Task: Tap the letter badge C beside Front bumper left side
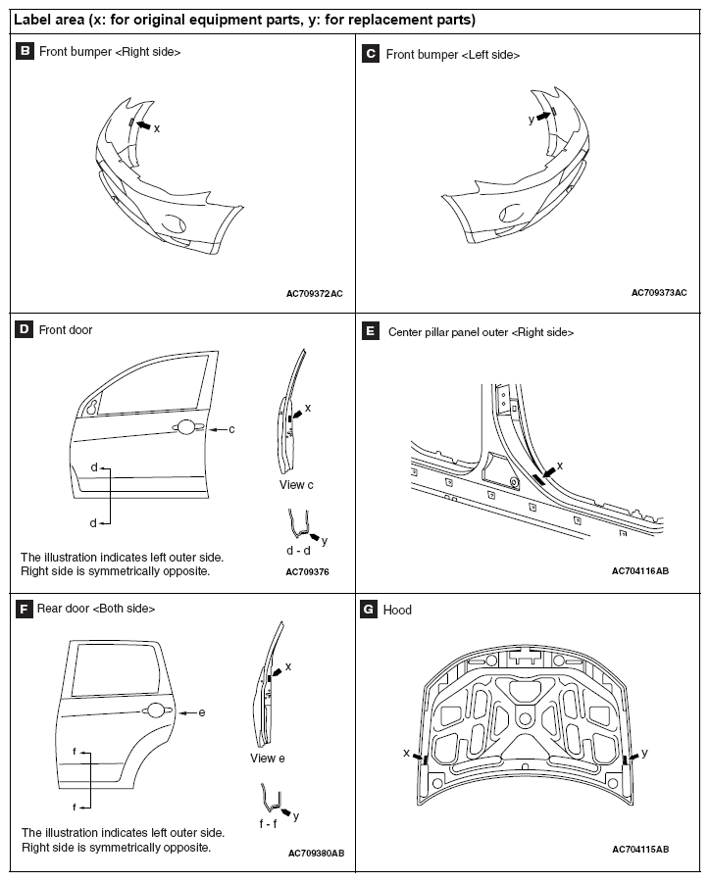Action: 371,55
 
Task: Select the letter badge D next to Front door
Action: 25,330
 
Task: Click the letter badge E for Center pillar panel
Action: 371,332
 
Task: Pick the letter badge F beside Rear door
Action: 25,609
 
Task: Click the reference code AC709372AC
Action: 315,293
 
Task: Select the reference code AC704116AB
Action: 640,570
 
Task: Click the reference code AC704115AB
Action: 640,849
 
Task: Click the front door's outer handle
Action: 184,427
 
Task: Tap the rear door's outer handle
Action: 155,712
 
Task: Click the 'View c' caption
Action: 296,485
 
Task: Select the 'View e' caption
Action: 268,759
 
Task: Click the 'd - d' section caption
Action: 298,551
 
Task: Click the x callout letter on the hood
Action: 406,754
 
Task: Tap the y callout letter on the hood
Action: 644,753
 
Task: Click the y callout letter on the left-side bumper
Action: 531,119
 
